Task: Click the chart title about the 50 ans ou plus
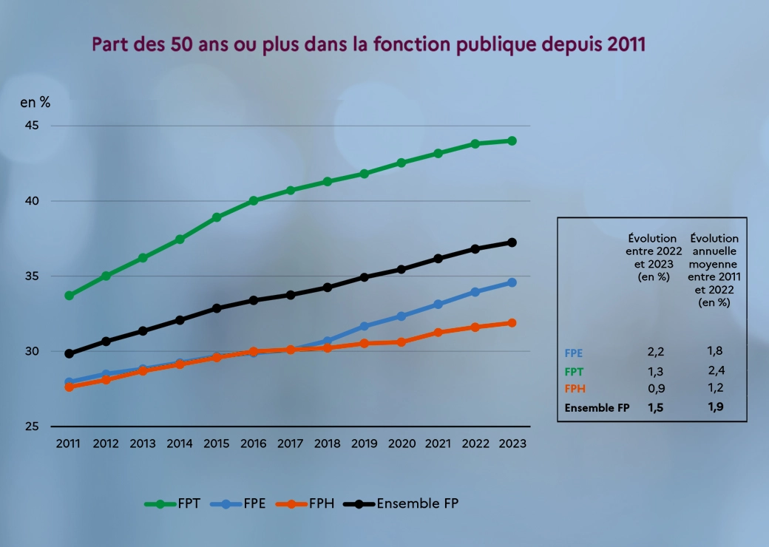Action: (369, 44)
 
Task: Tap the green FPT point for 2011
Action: (69, 296)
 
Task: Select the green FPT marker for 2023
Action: (512, 140)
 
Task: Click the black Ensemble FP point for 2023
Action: (512, 242)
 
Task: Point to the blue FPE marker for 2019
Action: (364, 326)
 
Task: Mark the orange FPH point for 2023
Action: (512, 323)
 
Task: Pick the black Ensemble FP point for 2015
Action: (217, 308)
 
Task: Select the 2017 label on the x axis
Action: (290, 444)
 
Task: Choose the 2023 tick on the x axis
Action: (512, 444)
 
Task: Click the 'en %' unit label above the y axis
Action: (35, 103)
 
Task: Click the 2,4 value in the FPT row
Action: (715, 370)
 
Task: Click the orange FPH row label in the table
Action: (575, 389)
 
